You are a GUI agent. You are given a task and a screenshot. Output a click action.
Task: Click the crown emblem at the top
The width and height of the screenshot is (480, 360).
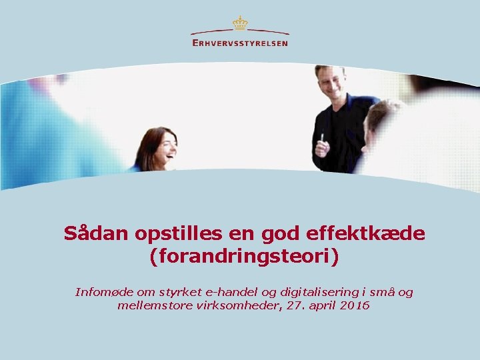click(x=240, y=23)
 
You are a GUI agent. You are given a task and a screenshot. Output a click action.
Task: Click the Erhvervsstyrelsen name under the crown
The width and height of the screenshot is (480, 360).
click(x=240, y=43)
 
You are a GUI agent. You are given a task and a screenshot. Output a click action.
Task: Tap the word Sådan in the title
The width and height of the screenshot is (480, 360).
click(x=93, y=234)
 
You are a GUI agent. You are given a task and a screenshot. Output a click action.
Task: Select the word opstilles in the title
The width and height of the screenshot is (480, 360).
click(x=172, y=234)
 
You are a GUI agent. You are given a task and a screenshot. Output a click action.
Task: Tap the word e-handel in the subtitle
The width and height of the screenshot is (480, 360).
click(x=231, y=292)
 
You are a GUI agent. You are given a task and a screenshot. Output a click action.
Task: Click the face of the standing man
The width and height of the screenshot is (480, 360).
click(x=331, y=83)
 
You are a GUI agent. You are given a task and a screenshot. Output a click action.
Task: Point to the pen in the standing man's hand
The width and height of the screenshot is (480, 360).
click(x=322, y=138)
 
